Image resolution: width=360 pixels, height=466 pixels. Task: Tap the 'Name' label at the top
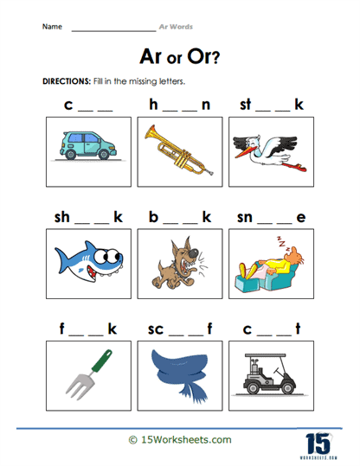(x=52, y=28)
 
